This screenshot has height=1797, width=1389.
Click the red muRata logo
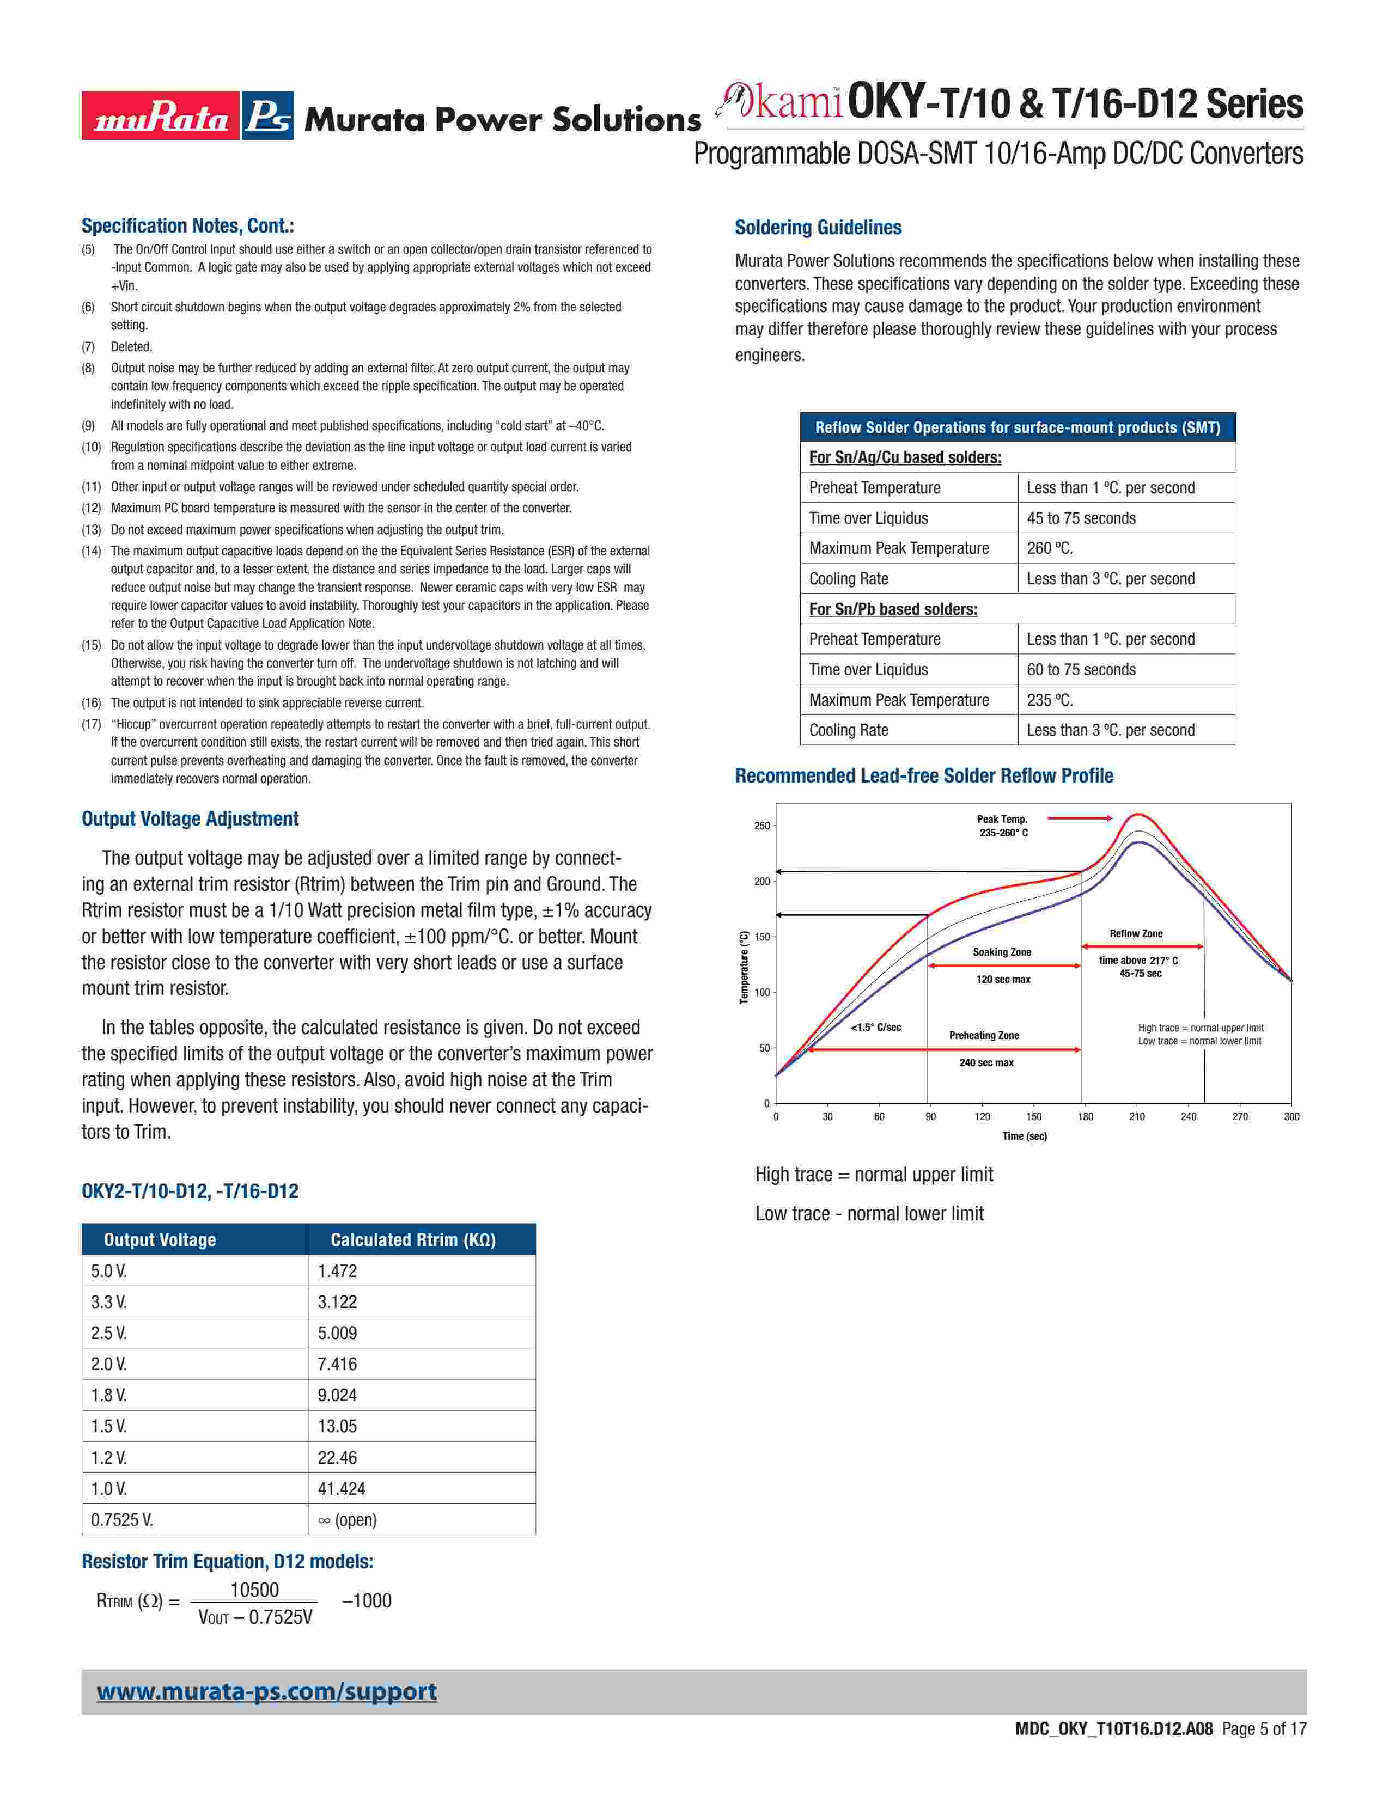(161, 116)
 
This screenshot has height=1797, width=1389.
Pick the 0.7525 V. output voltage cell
(122, 1520)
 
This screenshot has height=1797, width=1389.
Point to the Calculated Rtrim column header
(413, 1240)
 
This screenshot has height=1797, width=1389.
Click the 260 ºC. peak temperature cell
(1050, 548)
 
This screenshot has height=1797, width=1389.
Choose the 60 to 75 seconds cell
(1081, 670)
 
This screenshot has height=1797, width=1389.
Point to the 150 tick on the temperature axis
(763, 937)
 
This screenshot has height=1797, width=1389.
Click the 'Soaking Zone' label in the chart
(1001, 952)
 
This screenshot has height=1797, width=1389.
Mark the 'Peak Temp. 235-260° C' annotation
(1003, 826)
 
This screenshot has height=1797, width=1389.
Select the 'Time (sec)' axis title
(1025, 1136)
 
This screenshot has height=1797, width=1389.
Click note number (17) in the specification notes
(92, 724)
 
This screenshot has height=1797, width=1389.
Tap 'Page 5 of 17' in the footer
(1264, 1729)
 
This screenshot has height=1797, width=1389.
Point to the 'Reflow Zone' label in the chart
(1136, 934)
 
